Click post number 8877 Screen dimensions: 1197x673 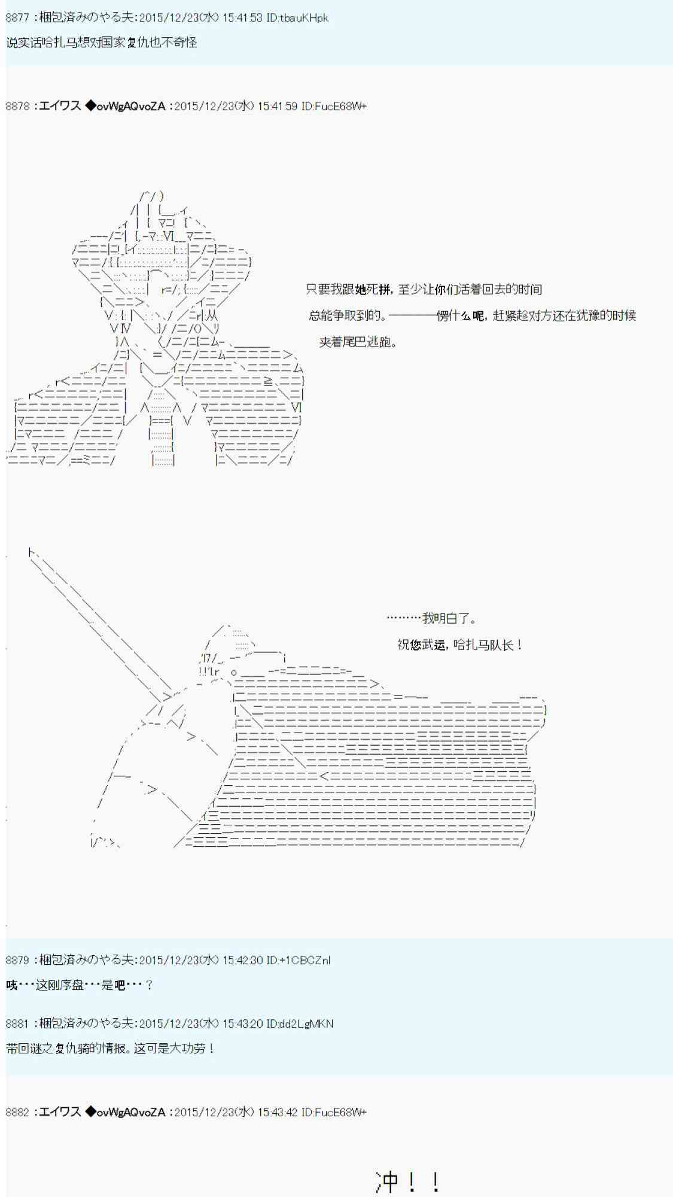tap(17, 18)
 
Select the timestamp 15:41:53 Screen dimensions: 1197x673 tap(242, 18)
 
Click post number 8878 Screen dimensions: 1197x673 tap(17, 107)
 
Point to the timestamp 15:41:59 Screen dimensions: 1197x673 tap(277, 107)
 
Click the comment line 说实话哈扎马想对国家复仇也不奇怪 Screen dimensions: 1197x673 tap(101, 42)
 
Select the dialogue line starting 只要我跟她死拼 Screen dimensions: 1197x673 tap(424, 290)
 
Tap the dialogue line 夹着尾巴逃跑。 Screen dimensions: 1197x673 tap(358, 342)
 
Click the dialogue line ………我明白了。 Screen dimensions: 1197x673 tap(431, 618)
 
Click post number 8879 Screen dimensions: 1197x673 tap(17, 960)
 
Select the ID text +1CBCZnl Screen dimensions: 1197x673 tap(305, 960)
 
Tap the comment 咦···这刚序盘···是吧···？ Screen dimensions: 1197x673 tap(80, 985)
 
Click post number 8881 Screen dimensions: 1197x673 tap(17, 1023)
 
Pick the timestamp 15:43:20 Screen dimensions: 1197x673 tap(242, 1023)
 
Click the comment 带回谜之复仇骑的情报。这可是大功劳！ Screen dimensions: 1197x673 tap(110, 1049)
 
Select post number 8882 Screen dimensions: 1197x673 tap(17, 1112)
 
